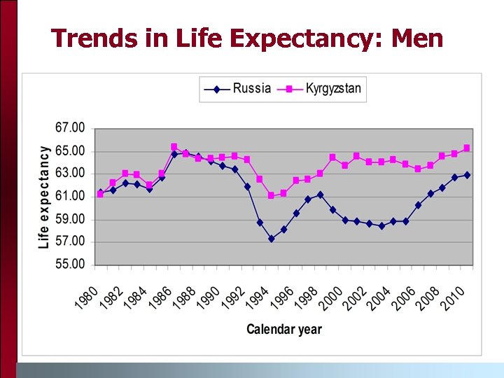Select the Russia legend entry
251,89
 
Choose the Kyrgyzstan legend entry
333,89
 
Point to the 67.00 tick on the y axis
69,128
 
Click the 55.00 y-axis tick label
69,265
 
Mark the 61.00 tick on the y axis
69,196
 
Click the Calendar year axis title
284,329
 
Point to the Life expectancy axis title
44,197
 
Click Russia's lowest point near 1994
271,239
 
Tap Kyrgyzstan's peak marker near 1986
174,147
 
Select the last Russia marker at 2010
467,175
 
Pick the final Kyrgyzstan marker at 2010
467,148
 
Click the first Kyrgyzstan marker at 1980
100,195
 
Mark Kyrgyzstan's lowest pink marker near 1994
271,195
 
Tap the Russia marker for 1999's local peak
321,195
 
